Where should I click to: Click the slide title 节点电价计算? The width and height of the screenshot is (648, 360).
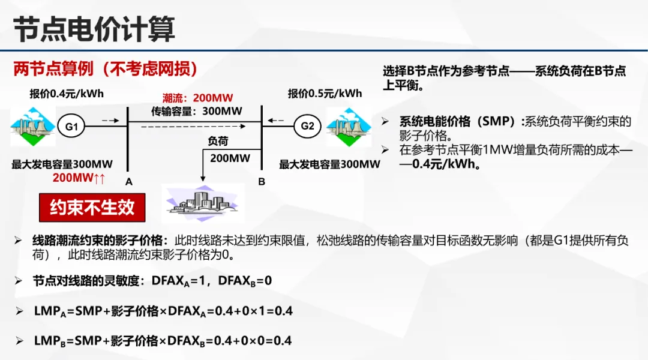coord(95,29)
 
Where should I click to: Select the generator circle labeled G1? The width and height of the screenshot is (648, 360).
coord(72,127)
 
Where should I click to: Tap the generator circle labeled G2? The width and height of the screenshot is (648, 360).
coord(307,126)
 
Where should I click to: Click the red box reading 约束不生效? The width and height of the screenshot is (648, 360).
coord(92,208)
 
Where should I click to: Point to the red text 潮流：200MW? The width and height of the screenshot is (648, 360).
coord(197,98)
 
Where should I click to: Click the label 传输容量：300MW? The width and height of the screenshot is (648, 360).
coord(197,111)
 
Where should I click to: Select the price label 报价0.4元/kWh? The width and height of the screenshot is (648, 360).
coord(67,94)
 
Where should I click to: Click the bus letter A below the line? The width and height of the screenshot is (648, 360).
coord(128,181)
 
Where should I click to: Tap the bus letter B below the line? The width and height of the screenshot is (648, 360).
coord(262,181)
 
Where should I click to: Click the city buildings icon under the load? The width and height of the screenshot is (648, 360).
coord(203,202)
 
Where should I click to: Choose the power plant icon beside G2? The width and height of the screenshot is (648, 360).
coord(349,127)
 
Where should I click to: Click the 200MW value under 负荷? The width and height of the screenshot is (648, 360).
coord(230,158)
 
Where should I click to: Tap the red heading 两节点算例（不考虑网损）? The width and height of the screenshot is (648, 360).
coord(106,69)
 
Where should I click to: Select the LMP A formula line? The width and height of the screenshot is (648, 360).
coord(163,311)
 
